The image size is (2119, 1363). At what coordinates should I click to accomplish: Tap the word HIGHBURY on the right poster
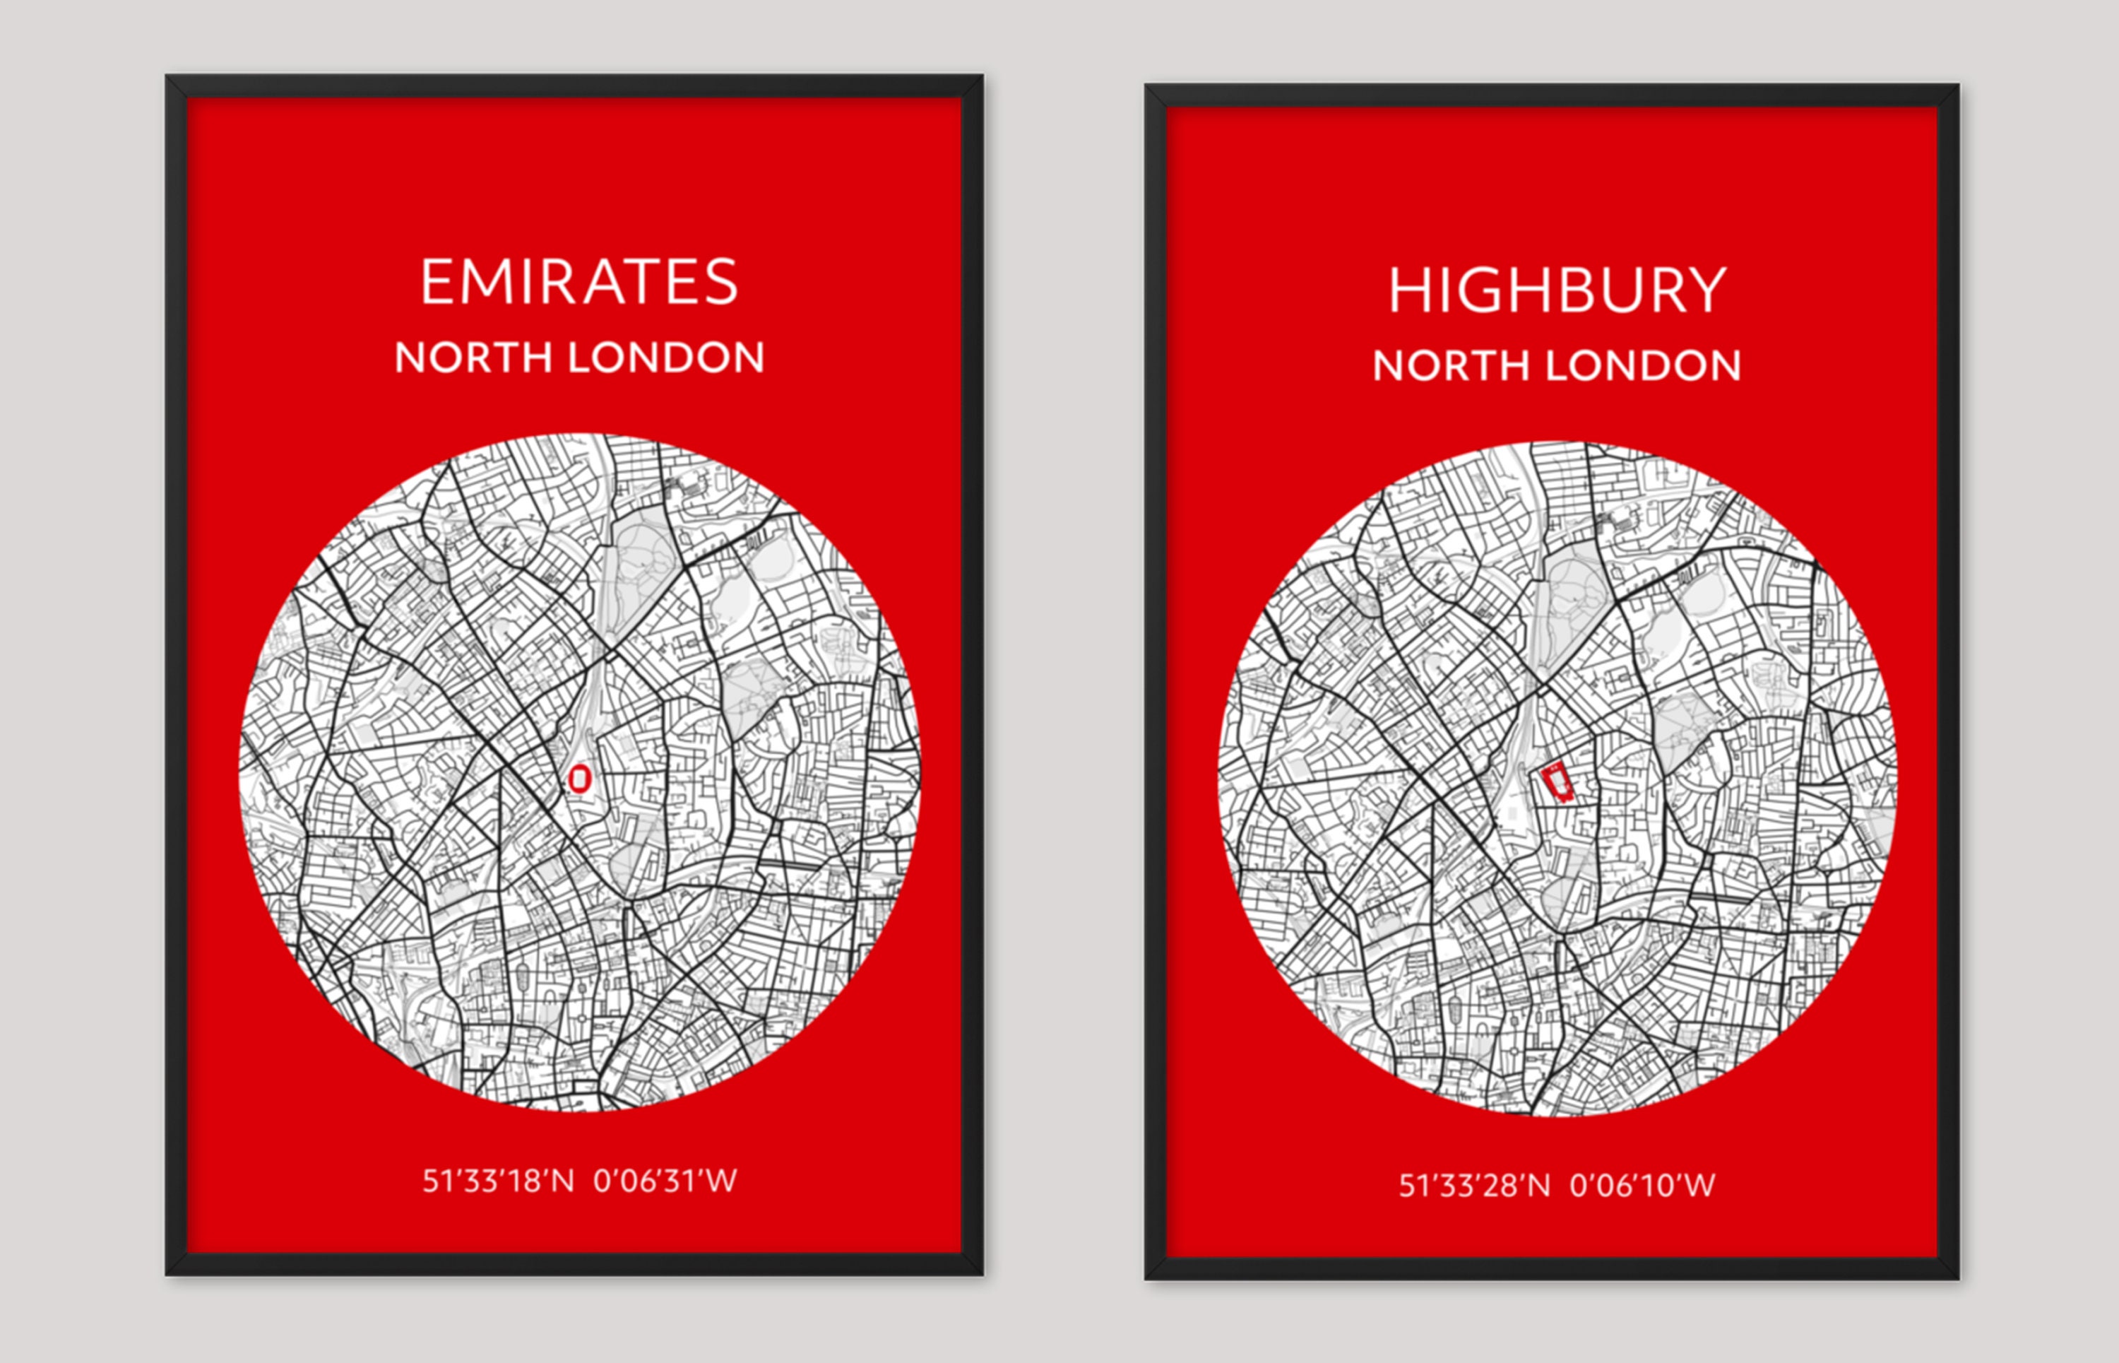tap(1556, 290)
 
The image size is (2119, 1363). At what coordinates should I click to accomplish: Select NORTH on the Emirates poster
tap(473, 358)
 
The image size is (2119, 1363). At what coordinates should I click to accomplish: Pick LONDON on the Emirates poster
tap(665, 358)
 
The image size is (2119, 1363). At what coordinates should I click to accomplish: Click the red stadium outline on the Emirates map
tap(579, 779)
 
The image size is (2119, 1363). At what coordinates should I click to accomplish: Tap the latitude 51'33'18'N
tap(497, 1181)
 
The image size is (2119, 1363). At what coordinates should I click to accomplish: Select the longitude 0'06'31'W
tap(665, 1181)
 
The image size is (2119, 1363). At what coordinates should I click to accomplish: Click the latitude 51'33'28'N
tap(1474, 1185)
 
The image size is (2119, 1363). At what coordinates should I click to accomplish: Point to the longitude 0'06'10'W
tap(1642, 1185)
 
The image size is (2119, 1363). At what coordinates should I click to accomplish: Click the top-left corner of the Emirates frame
tap(168, 78)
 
